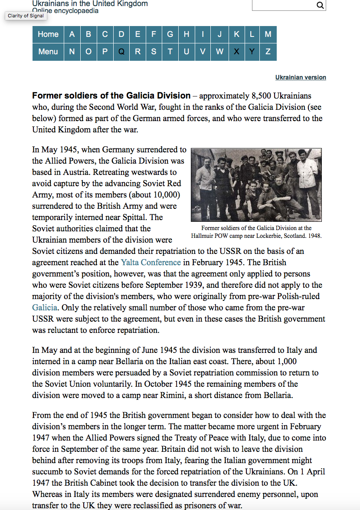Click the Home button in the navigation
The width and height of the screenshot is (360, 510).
[x=48, y=35]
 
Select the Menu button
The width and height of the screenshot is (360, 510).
[x=48, y=52]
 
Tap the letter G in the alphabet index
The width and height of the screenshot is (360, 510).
[x=170, y=35]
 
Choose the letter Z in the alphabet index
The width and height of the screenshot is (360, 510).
[x=268, y=52]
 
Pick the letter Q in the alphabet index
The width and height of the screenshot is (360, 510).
[x=121, y=52]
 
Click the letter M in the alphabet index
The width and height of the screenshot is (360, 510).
[x=268, y=35]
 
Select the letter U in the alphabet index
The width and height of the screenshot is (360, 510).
[x=187, y=52]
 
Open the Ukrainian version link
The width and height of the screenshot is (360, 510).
[x=301, y=77]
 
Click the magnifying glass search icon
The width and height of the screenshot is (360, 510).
[x=320, y=5]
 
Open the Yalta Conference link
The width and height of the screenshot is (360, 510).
[x=151, y=262]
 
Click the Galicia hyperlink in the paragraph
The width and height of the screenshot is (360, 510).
[x=44, y=307]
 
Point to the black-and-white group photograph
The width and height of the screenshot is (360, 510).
[x=256, y=184]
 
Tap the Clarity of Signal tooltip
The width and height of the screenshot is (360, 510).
[x=26, y=16]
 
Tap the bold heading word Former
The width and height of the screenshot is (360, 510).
[x=46, y=95]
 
